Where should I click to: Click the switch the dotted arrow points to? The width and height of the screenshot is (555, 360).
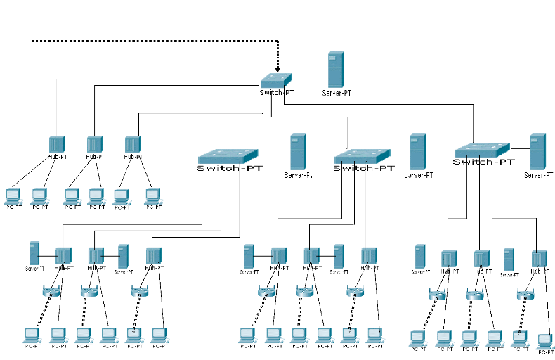pyautogui.click(x=276, y=82)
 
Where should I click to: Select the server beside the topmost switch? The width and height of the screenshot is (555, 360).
pyautogui.click(x=336, y=69)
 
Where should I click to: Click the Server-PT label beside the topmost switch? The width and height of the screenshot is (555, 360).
pyautogui.click(x=337, y=93)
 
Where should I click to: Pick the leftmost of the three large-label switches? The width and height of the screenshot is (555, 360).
pyautogui.click(x=228, y=155)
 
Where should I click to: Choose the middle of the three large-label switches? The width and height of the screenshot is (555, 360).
pyautogui.click(x=363, y=155)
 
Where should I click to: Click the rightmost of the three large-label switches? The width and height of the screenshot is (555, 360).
pyautogui.click(x=482, y=149)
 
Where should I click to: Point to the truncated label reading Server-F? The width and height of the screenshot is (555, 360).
pyautogui.click(x=298, y=175)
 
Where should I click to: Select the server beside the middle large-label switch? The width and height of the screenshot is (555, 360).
pyautogui.click(x=418, y=150)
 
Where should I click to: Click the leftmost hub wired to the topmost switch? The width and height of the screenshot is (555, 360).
pyautogui.click(x=57, y=145)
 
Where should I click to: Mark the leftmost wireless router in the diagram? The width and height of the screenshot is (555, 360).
pyautogui.click(x=51, y=291)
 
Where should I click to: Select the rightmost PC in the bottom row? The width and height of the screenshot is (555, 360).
pyautogui.click(x=544, y=342)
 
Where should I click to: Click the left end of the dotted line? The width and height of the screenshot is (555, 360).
pyautogui.click(x=33, y=41)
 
